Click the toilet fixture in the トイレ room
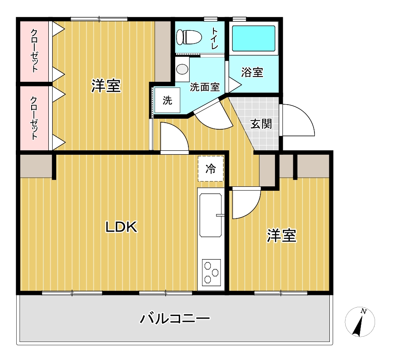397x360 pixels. click(x=189, y=37)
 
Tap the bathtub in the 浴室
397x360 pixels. click(x=254, y=39)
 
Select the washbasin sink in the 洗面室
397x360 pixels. click(x=182, y=69)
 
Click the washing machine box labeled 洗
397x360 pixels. click(x=167, y=100)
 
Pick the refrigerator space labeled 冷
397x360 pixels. click(x=211, y=169)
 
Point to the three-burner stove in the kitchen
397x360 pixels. click(x=211, y=273)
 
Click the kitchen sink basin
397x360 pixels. click(x=211, y=215)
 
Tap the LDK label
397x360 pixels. click(x=121, y=227)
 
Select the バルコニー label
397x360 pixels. click(x=175, y=318)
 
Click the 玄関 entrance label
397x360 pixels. click(x=261, y=124)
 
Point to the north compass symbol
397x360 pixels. click(x=360, y=322)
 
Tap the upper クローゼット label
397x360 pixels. click(x=34, y=51)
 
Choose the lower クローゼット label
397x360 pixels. click(x=34, y=118)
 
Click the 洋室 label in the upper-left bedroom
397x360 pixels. click(x=106, y=86)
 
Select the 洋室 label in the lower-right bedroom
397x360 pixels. click(x=282, y=236)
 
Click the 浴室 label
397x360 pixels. click(x=252, y=72)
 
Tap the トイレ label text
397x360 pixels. click(x=214, y=38)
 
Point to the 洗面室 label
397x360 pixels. click(x=205, y=87)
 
